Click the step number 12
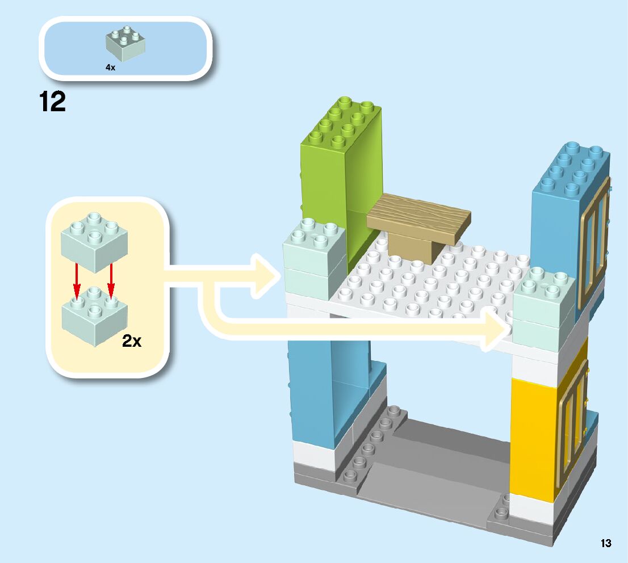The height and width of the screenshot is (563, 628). click(52, 102)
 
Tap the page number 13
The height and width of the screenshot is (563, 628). click(606, 543)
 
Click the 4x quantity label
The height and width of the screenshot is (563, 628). click(110, 67)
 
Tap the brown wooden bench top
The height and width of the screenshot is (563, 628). click(419, 218)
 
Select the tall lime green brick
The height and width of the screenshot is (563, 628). click(341, 170)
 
